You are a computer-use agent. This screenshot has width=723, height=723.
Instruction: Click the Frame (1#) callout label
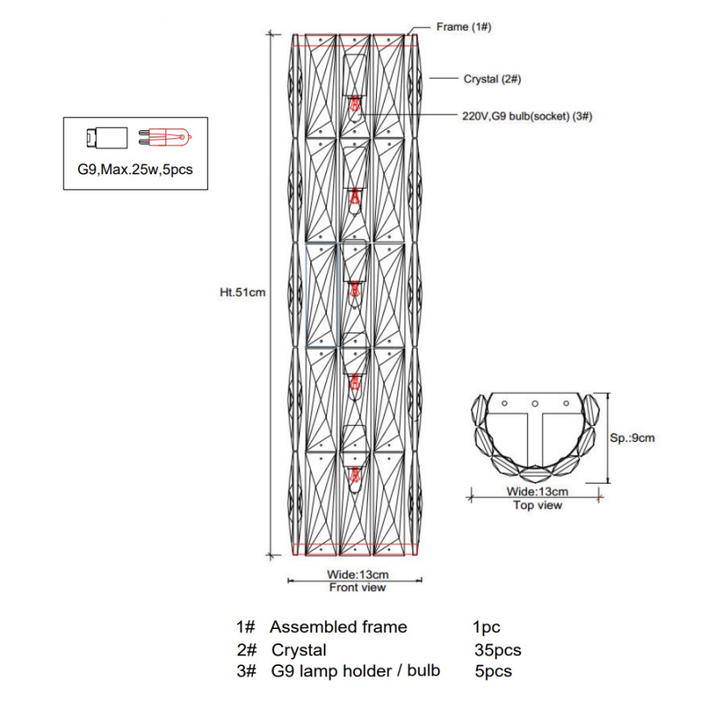coord(464,27)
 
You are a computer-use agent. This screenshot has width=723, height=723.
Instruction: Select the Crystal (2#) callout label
coord(493,79)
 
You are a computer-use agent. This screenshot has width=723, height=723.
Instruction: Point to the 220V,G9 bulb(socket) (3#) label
coord(528,116)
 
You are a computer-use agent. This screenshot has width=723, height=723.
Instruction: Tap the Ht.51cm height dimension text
coord(242,293)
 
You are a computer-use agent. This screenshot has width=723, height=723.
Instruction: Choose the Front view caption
coord(357,588)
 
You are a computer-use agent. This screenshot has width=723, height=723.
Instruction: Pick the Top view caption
coord(537,505)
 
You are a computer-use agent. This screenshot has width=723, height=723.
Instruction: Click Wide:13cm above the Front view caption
coord(357,574)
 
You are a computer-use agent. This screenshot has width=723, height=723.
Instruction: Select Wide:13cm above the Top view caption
coord(537,491)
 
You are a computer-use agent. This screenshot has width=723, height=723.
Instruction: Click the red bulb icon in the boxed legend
coord(165,137)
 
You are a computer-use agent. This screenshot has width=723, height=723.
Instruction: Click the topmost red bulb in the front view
coord(354,104)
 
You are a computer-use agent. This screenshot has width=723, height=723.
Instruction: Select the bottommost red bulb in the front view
coord(354,476)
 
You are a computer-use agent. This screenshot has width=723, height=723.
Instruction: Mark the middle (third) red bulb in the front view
coord(354,289)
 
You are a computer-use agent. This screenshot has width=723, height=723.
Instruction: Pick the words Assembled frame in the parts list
coord(338,627)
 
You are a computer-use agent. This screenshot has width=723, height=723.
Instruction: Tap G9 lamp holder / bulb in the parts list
coord(355,671)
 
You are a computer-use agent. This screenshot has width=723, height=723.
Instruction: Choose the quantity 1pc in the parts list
coord(487,627)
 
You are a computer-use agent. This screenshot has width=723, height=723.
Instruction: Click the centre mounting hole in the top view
coord(534,402)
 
